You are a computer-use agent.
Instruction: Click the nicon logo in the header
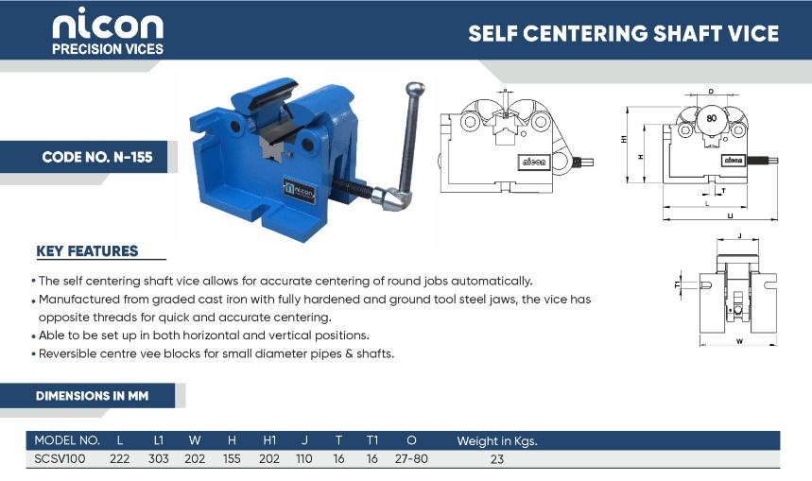coord(108,30)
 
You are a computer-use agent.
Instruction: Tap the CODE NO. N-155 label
coord(97,157)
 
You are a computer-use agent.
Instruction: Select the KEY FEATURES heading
coord(87,251)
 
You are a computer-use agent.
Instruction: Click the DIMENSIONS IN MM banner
coord(93,396)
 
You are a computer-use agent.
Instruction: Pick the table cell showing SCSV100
coord(60,458)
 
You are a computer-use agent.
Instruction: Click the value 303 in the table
coord(159,458)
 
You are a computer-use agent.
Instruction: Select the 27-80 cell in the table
coord(411,458)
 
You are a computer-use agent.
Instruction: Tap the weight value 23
coord(497,458)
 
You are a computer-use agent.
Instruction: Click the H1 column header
coord(269,440)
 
